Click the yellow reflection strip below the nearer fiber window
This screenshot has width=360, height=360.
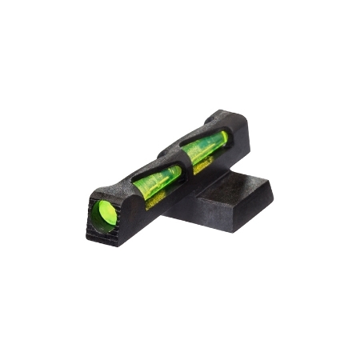(160, 192)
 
